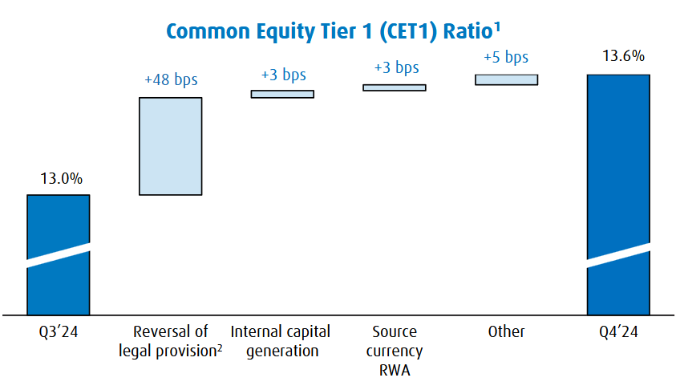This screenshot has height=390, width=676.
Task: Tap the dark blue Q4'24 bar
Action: [618, 160]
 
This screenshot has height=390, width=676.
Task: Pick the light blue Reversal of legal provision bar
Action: [170, 146]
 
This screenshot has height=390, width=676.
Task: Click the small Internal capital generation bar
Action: [282, 94]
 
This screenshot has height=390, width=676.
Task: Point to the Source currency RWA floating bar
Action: [394, 87]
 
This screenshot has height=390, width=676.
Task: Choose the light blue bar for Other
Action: [506, 79]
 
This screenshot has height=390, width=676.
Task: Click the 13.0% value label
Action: [59, 179]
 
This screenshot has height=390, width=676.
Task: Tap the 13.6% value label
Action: [619, 57]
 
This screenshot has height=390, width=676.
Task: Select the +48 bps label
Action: [170, 80]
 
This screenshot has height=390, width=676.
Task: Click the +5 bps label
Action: [506, 57]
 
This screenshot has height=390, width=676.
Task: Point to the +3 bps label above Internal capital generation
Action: [283, 75]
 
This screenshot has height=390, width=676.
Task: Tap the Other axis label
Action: [506, 331]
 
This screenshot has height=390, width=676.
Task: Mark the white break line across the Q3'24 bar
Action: [58, 257]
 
